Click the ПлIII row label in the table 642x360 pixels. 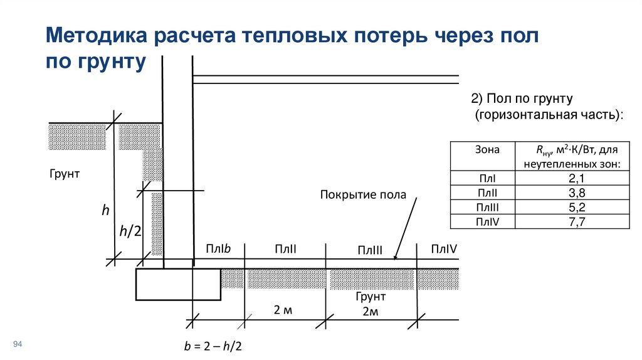click(487, 207)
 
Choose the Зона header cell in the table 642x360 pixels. click(487, 150)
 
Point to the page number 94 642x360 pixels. click(18, 344)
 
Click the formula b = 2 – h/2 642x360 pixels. click(213, 346)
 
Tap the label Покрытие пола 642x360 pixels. click(363, 194)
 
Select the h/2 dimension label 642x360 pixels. click(130, 231)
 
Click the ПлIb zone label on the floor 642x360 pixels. click(218, 249)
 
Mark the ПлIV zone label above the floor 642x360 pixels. click(444, 250)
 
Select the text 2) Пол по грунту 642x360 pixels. click(522, 99)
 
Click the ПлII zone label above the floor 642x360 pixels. click(285, 250)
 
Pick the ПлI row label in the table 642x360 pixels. click(487, 179)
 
